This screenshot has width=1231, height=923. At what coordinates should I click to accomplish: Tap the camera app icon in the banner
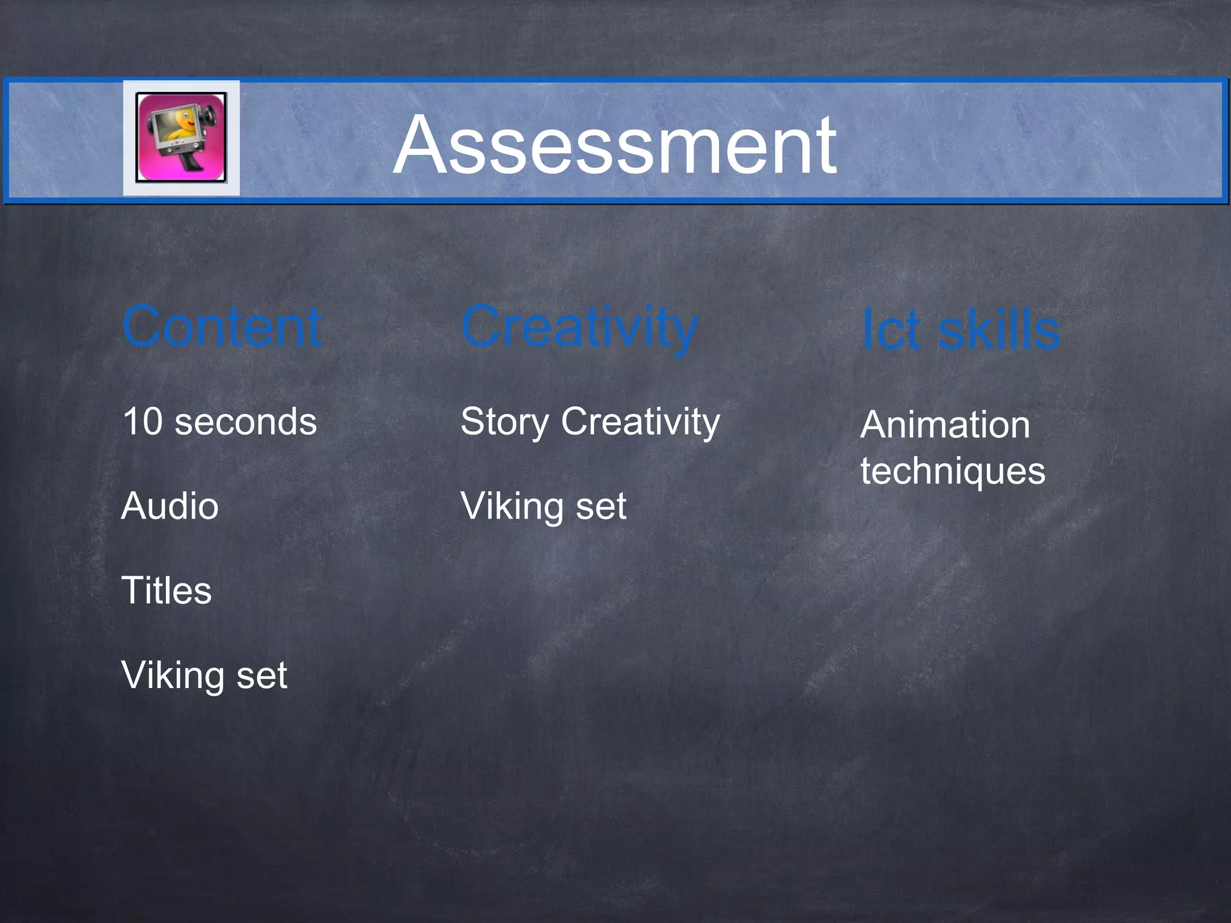coord(181,138)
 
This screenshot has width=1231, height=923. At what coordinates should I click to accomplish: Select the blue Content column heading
coord(222,327)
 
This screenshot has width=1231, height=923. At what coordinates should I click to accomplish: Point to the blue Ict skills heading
coord(960,330)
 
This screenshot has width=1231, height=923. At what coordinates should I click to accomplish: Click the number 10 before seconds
coord(142,421)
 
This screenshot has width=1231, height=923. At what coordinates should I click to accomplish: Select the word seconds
coord(245,422)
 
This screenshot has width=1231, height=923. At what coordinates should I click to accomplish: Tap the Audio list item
coord(170,506)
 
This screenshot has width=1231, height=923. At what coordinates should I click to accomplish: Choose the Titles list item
coord(166,590)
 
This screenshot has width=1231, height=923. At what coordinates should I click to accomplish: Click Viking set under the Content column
coord(204,675)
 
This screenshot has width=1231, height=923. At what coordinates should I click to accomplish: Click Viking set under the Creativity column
coord(543,507)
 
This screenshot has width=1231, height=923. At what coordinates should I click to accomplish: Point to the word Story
coord(505,422)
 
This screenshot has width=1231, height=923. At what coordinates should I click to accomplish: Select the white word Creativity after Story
coord(640,422)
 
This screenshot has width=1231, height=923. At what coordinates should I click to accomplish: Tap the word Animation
coord(945,425)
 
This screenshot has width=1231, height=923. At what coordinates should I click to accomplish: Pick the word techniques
coord(953,472)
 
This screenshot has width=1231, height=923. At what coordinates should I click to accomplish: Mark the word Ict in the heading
coord(891,331)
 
